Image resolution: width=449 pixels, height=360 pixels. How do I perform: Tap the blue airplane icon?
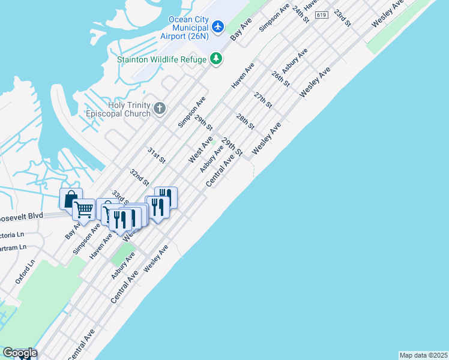click(x=217, y=27)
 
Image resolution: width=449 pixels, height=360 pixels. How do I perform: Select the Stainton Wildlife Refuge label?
click(x=161, y=59)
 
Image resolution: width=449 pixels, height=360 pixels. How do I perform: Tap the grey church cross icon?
click(x=159, y=109)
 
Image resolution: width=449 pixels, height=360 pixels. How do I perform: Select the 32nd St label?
click(x=139, y=177)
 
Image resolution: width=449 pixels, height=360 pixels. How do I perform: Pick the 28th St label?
click(x=245, y=122)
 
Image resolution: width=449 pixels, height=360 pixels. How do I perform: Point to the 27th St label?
click(x=263, y=100)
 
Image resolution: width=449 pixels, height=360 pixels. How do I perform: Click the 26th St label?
click(x=280, y=79)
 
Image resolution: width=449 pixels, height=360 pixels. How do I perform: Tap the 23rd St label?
click(x=342, y=17)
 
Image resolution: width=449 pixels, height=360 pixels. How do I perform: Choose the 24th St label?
click(x=300, y=14)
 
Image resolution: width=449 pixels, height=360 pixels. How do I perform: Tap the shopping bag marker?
click(x=70, y=198)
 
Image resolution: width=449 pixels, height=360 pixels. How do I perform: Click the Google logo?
click(x=20, y=353)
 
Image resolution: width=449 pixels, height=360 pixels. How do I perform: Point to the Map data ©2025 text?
click(x=423, y=355)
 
